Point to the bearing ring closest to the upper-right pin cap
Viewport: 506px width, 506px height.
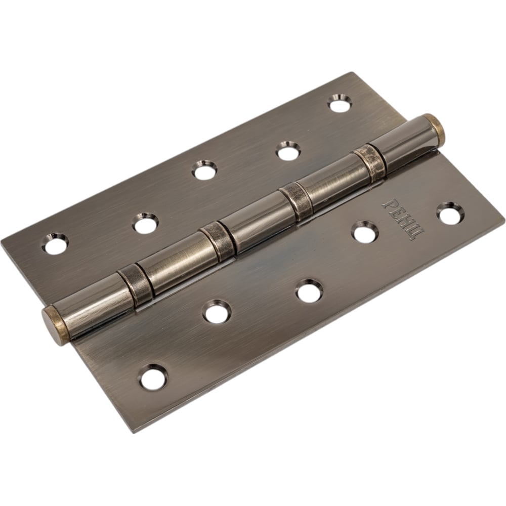370,161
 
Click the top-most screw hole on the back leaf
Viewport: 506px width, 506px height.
340,103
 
